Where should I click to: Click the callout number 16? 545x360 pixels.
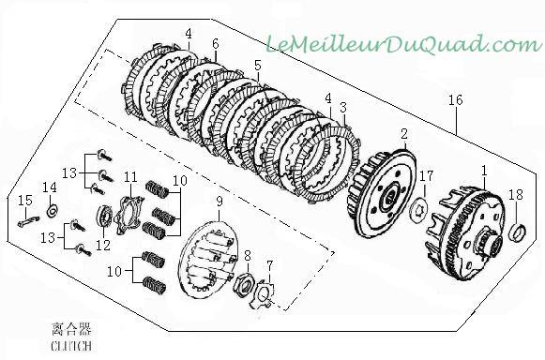(456, 100)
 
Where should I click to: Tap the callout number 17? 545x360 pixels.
(426, 176)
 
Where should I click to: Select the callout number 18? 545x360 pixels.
(516, 195)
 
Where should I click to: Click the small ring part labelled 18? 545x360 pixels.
(517, 232)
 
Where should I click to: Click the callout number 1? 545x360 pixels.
(484, 171)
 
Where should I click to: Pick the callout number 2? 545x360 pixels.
(404, 134)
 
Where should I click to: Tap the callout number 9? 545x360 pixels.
(219, 202)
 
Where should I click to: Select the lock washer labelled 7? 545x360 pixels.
(263, 294)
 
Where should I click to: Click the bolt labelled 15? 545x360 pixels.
(28, 221)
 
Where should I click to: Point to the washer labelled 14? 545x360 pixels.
(53, 211)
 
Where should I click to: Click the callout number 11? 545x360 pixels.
(131, 177)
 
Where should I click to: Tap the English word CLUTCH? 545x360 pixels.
(71, 346)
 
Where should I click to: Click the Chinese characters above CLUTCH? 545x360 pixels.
(71, 329)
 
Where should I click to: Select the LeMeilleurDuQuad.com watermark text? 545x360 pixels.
(404, 44)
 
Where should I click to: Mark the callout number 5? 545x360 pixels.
(257, 66)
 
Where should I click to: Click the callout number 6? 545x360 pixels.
(216, 44)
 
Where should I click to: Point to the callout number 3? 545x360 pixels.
(343, 108)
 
